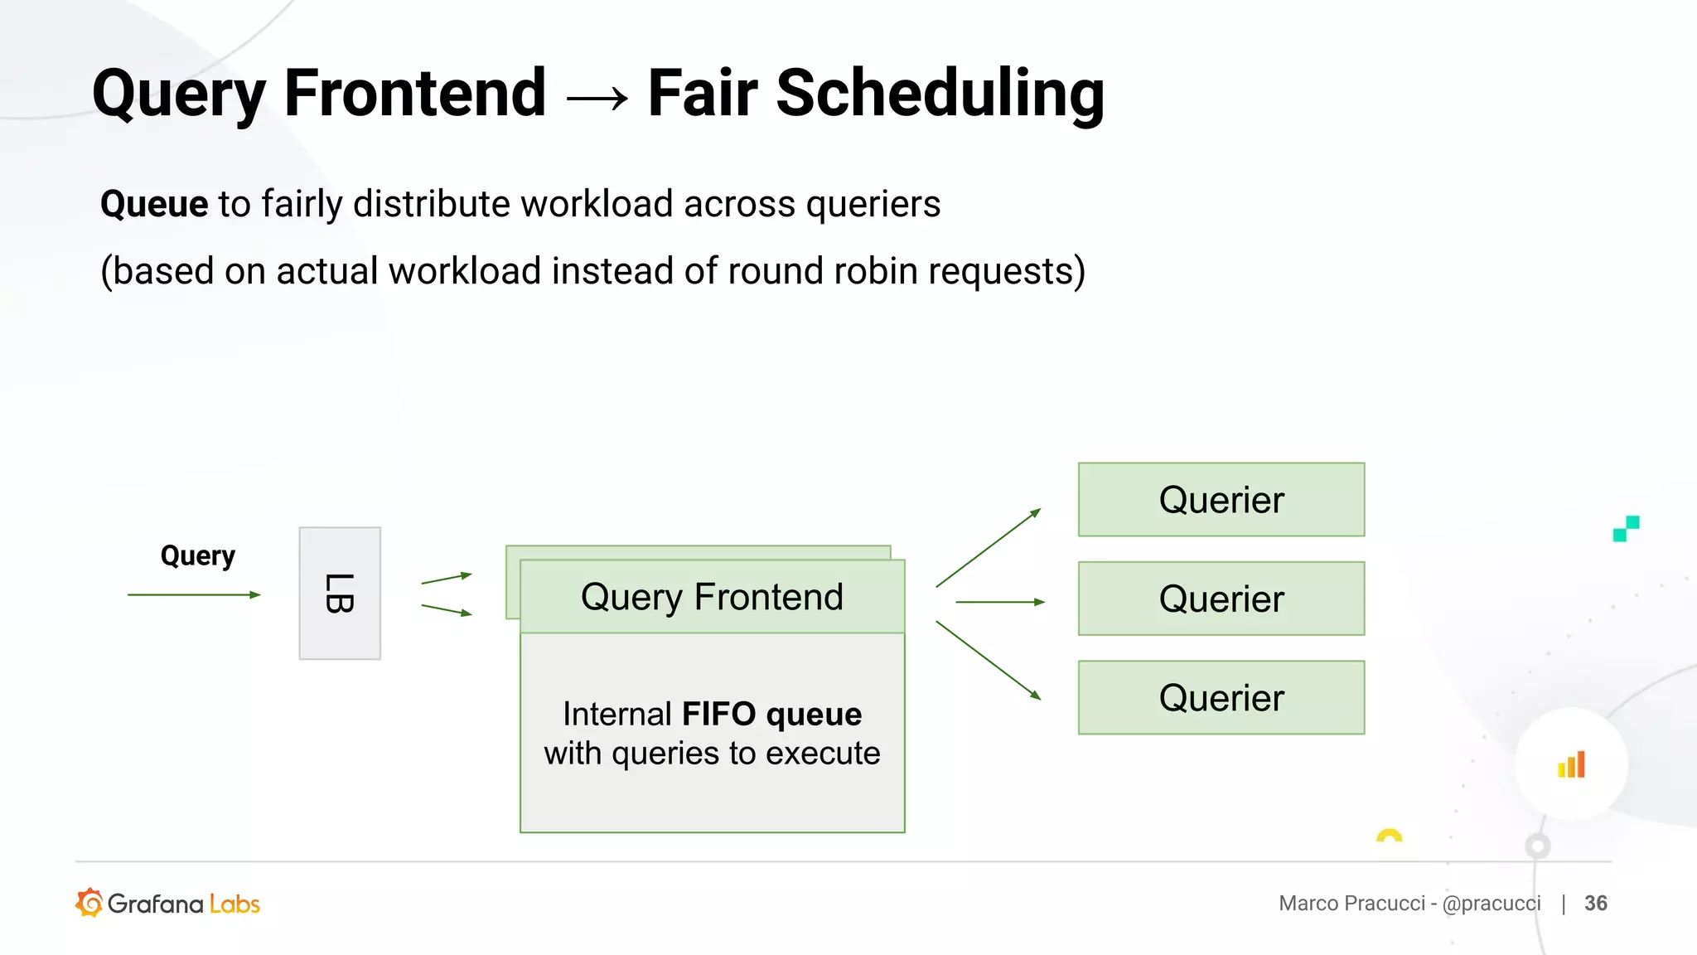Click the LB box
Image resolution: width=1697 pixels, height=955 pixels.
[x=340, y=594]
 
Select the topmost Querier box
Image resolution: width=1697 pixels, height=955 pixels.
[x=1221, y=500]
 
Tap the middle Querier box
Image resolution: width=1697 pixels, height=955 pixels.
[x=1221, y=599]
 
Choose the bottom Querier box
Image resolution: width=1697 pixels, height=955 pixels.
[x=1221, y=697]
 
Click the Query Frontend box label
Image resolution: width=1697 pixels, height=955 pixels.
[x=712, y=597]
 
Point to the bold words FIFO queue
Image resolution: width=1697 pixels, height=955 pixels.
[x=771, y=714]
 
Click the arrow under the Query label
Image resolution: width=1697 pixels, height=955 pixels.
[x=194, y=594]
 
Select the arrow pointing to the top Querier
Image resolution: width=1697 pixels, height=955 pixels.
[x=988, y=548]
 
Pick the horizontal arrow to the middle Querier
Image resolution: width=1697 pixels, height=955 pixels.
[x=999, y=602]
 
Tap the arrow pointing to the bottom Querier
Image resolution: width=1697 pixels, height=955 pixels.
[x=988, y=660]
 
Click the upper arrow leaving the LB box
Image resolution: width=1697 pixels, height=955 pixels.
[x=446, y=579]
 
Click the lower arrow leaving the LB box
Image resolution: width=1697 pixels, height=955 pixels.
[x=446, y=609]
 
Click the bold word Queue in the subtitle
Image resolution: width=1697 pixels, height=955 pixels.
[x=154, y=204]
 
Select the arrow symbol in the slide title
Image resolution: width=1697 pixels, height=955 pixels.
[x=597, y=99]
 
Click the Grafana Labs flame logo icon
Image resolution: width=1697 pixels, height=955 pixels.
[x=89, y=903]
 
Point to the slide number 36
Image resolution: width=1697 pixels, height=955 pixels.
[x=1595, y=903]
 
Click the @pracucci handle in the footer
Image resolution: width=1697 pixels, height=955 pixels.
[x=1492, y=903]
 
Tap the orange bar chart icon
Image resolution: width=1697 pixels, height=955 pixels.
[x=1571, y=764]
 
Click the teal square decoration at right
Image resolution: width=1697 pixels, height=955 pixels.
[x=1626, y=528]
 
